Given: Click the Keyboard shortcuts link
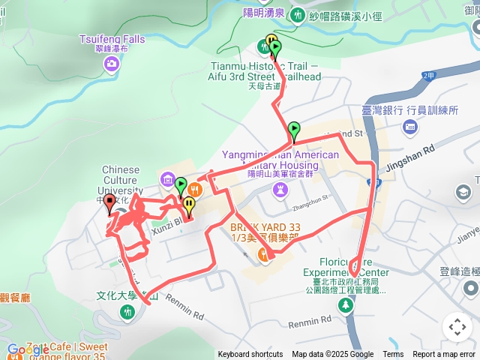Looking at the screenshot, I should tap(250, 355).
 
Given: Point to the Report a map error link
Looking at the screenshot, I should tap(445, 355).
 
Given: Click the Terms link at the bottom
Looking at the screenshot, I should tap(393, 355).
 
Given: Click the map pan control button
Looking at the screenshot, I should tap(457, 326).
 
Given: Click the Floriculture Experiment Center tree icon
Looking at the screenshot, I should tap(346, 304).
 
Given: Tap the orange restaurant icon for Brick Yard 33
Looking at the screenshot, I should tap(264, 255).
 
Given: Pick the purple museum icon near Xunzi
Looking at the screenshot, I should tap(166, 180).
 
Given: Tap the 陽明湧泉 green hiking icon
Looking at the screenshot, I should tap(298, 14).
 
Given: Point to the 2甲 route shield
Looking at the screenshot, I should tap(428, 76).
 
